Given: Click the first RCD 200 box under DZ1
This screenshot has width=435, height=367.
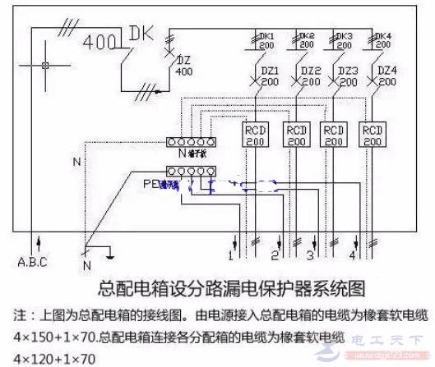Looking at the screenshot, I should [x=255, y=135].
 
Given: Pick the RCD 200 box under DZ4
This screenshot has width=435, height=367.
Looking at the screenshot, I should [x=373, y=135].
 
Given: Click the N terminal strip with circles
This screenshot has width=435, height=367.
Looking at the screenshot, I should [x=189, y=142].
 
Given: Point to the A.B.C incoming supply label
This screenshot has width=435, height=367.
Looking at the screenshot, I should [x=33, y=263].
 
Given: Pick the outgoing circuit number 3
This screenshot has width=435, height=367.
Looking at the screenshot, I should [x=310, y=256].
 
